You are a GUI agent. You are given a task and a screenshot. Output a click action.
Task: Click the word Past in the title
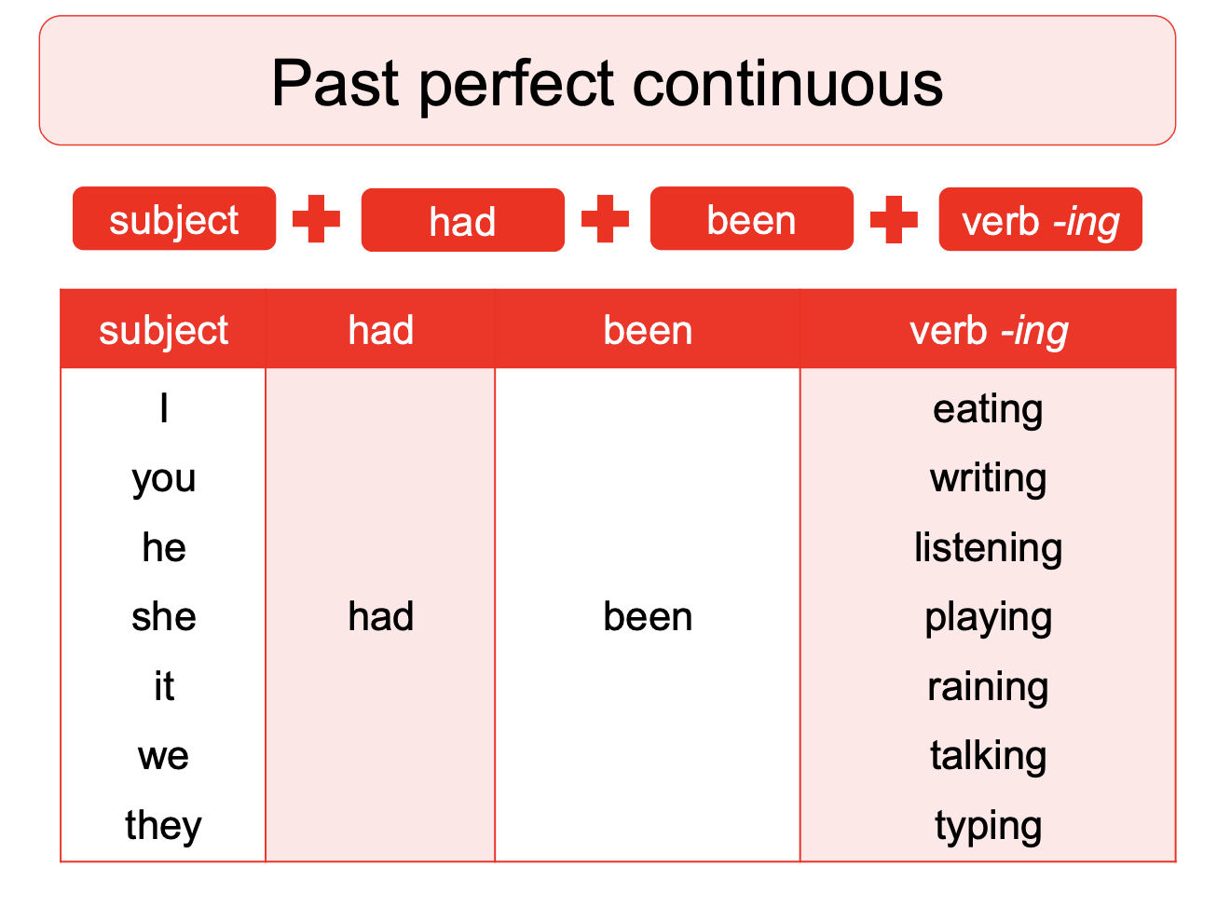337,84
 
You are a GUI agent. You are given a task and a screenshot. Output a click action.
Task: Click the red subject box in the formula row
174,220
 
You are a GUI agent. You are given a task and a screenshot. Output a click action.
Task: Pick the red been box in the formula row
751,220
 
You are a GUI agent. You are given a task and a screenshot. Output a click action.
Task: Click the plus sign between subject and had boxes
317,220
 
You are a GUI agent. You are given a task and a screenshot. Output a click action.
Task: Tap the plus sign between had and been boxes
606,220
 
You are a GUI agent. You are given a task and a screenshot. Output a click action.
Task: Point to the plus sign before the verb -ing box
895,220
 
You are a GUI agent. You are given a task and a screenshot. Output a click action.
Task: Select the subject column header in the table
163,330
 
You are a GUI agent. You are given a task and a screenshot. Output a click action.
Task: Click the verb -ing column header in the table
988,330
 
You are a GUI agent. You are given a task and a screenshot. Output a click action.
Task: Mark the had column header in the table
380,330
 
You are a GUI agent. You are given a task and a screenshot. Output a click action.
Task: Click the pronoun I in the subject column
164,408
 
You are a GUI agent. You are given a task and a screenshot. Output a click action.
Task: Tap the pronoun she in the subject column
164,616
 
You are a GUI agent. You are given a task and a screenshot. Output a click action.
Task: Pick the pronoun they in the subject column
163,825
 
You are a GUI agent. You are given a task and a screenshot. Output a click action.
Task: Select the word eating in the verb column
988,408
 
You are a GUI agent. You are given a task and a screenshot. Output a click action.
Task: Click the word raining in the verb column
988,686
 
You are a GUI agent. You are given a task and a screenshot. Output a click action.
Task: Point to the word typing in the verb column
988,825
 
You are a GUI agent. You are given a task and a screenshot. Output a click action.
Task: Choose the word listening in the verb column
988,547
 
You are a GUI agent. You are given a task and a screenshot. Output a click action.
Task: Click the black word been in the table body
648,616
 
